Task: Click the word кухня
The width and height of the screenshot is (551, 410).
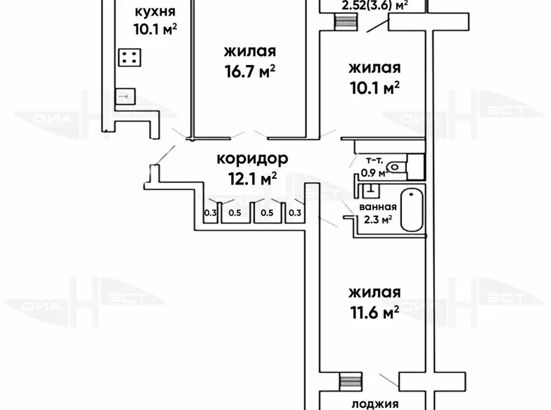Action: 154,11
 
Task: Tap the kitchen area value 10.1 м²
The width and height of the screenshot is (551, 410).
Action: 154,29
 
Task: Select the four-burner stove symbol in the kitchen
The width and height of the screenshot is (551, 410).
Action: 129,58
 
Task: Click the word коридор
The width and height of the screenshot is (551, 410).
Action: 247,159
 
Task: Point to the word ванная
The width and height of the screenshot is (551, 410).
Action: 378,207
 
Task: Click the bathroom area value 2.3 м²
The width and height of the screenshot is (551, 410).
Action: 378,219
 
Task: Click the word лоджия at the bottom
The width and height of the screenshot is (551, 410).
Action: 374,404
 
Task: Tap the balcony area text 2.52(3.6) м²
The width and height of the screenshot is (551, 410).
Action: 374,6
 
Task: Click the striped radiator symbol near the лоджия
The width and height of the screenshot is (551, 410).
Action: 345,380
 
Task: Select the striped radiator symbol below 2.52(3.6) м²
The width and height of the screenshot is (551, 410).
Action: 345,21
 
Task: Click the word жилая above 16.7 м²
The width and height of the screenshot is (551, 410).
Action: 249,51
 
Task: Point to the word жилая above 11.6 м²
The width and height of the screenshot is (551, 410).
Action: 374,291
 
